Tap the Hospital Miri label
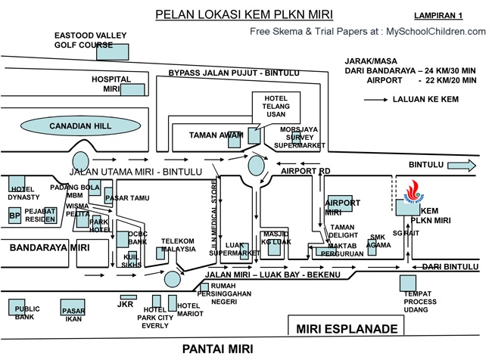coord(111,83)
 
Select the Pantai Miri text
coord(218,349)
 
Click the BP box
coord(14,216)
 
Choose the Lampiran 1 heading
coord(439,15)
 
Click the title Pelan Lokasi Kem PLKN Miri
coord(243,14)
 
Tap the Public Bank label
coord(27,313)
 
